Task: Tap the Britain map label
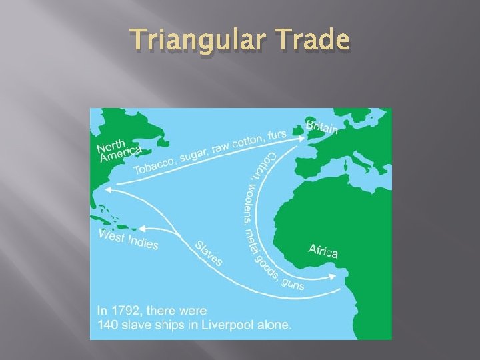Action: pyautogui.click(x=322, y=127)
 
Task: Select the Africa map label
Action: pyautogui.click(x=323, y=251)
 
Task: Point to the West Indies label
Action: pyautogui.click(x=129, y=239)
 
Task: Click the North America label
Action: pyautogui.click(x=119, y=151)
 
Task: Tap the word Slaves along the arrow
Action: pyautogui.click(x=209, y=254)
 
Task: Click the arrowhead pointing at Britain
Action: pyautogui.click(x=303, y=138)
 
